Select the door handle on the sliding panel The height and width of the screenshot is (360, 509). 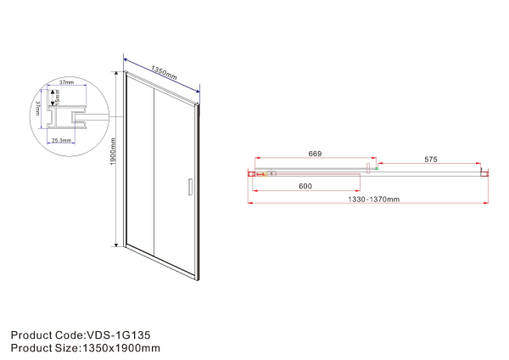pyautogui.click(x=188, y=187)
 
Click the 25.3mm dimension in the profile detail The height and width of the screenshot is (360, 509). pyautogui.click(x=60, y=140)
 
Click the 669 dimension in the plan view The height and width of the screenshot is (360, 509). pyautogui.click(x=314, y=154)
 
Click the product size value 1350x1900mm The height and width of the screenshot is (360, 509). pyautogui.click(x=120, y=347)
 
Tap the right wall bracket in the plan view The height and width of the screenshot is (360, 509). pyautogui.click(x=484, y=173)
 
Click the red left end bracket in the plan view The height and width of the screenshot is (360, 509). pyautogui.click(x=252, y=174)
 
